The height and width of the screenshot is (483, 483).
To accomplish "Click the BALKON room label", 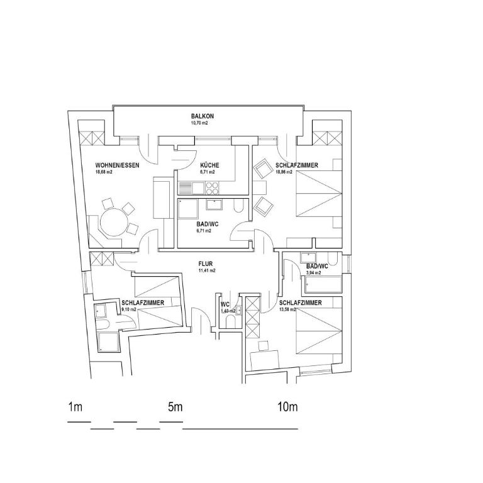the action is (203, 116).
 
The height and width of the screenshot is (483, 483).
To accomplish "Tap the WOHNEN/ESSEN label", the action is (117, 165).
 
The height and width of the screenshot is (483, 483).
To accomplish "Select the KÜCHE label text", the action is (209, 165).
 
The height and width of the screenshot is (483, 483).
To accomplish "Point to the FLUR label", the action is (206, 264).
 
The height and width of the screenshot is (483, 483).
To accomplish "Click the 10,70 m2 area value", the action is (199, 123).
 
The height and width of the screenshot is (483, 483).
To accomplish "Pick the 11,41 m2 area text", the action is (207, 270).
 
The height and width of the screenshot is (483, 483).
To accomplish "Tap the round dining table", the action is (114, 223).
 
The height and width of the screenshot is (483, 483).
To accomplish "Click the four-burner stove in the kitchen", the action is (212, 188).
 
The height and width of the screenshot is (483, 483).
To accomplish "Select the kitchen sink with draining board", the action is (191, 188).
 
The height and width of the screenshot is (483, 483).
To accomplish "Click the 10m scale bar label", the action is (287, 407).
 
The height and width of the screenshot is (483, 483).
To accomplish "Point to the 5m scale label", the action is (175, 407).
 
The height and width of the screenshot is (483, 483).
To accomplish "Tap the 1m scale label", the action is (75, 407).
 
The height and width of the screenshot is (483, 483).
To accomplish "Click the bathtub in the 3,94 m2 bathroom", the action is (323, 285).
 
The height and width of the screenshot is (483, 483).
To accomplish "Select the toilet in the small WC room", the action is (230, 323).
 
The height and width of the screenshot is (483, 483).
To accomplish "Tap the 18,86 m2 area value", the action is (284, 172).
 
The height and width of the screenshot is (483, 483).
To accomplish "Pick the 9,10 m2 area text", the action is (129, 309).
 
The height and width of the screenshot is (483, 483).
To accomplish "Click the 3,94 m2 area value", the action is (314, 272).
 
